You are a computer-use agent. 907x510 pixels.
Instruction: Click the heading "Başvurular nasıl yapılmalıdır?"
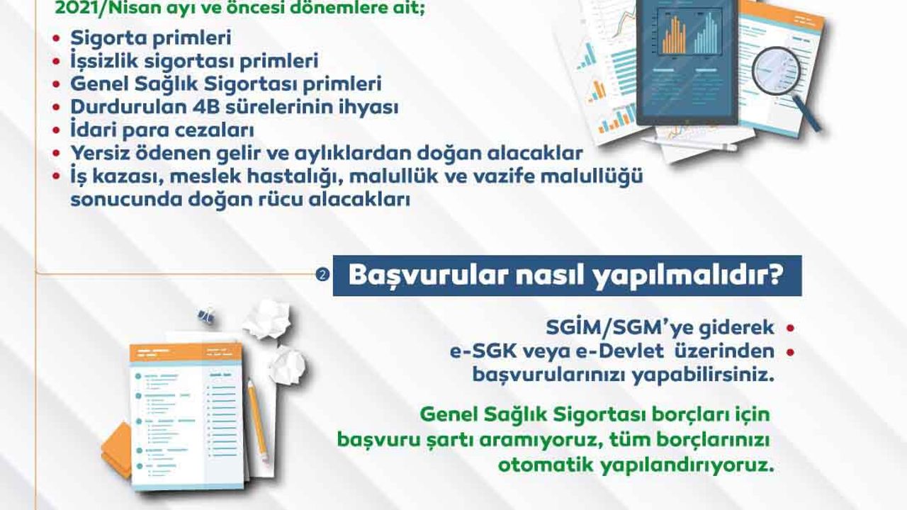coord(566,276)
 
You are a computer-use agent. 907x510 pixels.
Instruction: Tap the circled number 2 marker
coord(322,276)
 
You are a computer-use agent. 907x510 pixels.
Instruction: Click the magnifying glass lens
coord(776,72)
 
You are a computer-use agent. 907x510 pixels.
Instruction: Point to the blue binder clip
coord(206,315)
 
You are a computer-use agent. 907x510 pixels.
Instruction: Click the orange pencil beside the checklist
coord(257,421)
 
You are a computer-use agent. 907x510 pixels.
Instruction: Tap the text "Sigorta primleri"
coord(151,38)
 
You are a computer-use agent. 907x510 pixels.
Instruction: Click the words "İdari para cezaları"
coord(162,130)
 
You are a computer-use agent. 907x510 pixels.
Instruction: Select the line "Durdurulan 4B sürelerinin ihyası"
coord(235,107)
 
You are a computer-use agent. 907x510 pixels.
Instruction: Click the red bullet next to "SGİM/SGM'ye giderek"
coord(789,328)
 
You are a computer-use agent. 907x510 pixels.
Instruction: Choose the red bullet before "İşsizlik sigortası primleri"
coord(57,62)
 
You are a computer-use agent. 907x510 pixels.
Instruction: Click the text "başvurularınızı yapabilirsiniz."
coord(623,375)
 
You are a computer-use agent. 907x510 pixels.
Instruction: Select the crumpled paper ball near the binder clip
coord(267,319)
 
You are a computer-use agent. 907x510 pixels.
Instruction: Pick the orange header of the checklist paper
coord(186,352)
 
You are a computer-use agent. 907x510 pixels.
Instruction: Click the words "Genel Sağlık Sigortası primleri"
coord(226,84)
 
